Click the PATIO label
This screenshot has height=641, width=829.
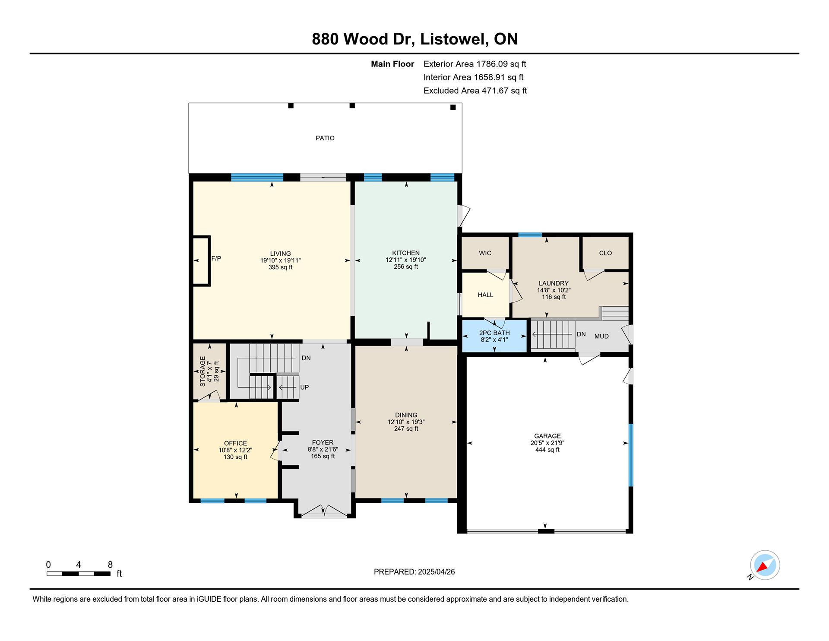tap(325, 138)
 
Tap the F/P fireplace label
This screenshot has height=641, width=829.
tap(216, 259)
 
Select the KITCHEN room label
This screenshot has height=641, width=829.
tap(406, 253)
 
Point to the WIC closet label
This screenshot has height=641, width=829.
tap(485, 253)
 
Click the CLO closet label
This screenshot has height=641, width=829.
tap(605, 253)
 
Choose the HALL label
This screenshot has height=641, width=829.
tap(485, 295)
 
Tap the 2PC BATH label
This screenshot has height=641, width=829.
tap(494, 333)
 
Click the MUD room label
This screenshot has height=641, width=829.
tap(601, 336)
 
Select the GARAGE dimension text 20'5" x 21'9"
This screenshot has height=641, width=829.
tap(547, 443)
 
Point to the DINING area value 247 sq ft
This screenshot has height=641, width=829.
tap(406, 429)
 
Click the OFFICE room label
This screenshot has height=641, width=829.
tap(235, 443)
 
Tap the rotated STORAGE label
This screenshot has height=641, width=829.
tap(203, 371)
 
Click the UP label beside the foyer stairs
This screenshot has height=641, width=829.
tap(304, 387)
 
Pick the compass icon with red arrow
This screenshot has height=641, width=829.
tap(765, 565)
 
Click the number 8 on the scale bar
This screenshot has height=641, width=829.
tap(110, 565)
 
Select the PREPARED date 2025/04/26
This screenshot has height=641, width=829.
tap(436, 572)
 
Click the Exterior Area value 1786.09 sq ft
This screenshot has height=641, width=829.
tap(501, 64)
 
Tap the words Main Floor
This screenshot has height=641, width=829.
tap(392, 64)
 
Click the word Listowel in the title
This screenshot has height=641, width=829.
tap(454, 39)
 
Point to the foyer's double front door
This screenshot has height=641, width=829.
tap(324, 512)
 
